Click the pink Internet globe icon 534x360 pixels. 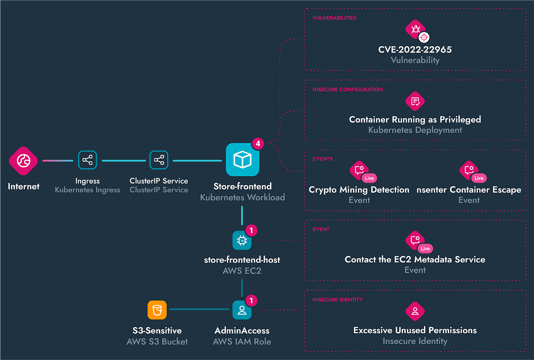23,161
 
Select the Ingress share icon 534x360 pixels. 87,160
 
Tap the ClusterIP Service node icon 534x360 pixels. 159,160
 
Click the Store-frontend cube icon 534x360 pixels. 242,160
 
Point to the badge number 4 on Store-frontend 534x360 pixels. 258,143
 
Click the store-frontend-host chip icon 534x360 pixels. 242,241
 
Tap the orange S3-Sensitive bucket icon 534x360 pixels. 157,310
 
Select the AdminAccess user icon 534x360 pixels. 242,310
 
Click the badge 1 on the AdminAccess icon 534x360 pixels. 251,301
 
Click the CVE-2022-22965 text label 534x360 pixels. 415,50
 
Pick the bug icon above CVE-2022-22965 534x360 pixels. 415,29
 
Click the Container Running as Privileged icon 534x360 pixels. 415,101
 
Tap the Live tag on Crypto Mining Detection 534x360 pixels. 369,178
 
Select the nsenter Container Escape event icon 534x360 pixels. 469,170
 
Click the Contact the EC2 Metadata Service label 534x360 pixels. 415,259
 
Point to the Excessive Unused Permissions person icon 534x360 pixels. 415,311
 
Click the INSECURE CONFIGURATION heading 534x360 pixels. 347,90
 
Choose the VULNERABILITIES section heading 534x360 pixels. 334,18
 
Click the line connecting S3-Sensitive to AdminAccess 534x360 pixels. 199,309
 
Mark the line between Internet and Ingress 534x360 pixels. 58,161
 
